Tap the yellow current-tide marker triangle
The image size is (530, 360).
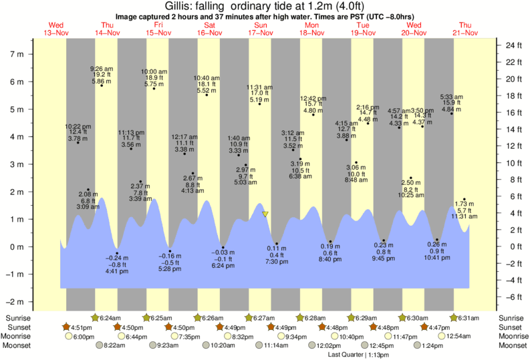265,214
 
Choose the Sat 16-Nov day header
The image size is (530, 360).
210,29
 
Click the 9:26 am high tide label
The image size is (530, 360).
102,68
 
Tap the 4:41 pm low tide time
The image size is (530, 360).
117,272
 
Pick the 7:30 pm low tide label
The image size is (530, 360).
277,262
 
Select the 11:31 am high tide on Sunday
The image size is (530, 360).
259,87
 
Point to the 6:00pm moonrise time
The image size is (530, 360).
83,337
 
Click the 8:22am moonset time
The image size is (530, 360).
115,346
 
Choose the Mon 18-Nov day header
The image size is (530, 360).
312,29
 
